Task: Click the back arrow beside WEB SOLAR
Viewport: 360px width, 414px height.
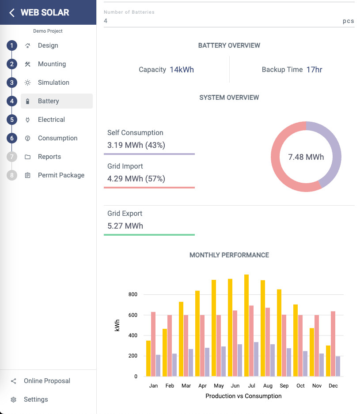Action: [x=12, y=12]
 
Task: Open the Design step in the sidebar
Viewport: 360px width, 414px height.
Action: [x=48, y=45]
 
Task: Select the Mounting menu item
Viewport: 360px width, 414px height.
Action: [x=52, y=64]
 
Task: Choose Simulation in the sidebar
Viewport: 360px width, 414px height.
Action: [x=53, y=83]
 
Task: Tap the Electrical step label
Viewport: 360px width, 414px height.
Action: [x=51, y=120]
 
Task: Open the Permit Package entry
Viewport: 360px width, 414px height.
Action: [x=61, y=175]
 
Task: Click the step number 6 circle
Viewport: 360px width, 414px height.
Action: [x=12, y=138]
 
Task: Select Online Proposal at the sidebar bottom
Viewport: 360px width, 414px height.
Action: [x=47, y=381]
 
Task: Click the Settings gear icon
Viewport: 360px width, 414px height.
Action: [x=14, y=399]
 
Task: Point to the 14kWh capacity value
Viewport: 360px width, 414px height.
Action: [x=182, y=70]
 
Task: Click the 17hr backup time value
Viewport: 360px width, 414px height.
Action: [x=314, y=70]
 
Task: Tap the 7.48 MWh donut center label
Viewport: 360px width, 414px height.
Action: [x=306, y=157]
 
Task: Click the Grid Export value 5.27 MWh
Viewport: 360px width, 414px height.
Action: [x=125, y=226]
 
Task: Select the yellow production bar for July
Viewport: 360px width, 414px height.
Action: [x=246, y=325]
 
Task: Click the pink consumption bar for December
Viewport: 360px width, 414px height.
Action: [x=333, y=344]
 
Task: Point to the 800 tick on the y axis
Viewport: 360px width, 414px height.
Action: [x=133, y=294]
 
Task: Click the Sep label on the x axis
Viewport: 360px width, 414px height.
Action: [x=284, y=386]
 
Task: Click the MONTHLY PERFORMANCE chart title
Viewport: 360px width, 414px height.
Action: [x=229, y=255]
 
